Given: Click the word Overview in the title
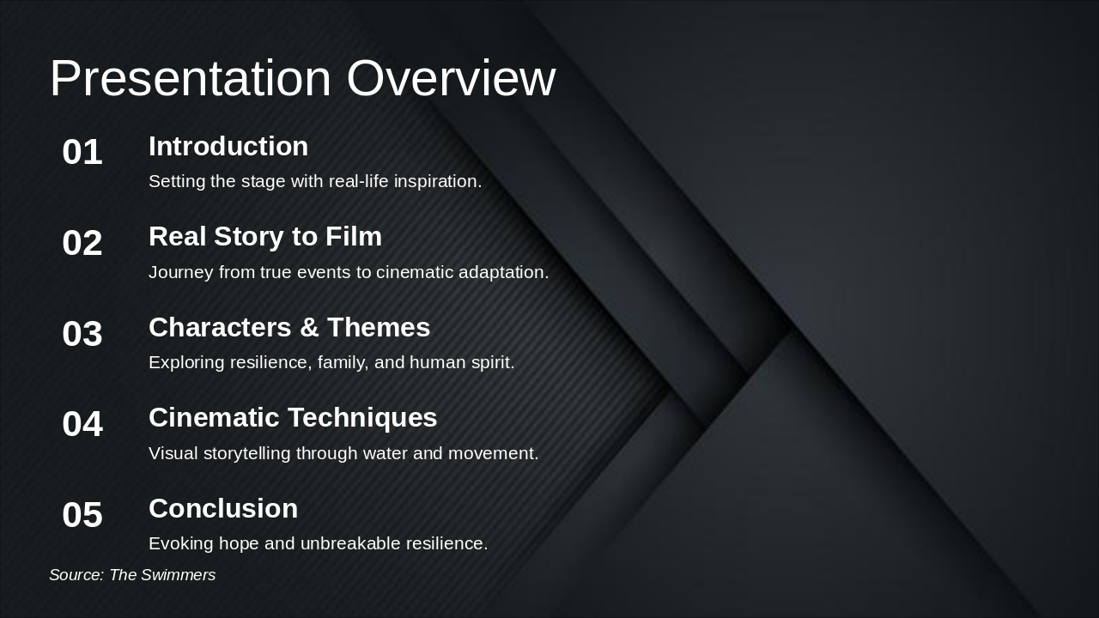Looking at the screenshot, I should point(451,79).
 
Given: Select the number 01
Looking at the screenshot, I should point(82,153).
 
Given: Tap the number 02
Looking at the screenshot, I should point(82,244).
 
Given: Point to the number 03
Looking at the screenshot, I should point(82,334).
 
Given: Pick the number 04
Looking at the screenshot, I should point(82,425).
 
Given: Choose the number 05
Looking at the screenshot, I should point(82,516).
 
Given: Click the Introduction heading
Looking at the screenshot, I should point(228,147).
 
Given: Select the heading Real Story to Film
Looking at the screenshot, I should point(265,237).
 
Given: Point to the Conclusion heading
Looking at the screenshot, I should point(223,509).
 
